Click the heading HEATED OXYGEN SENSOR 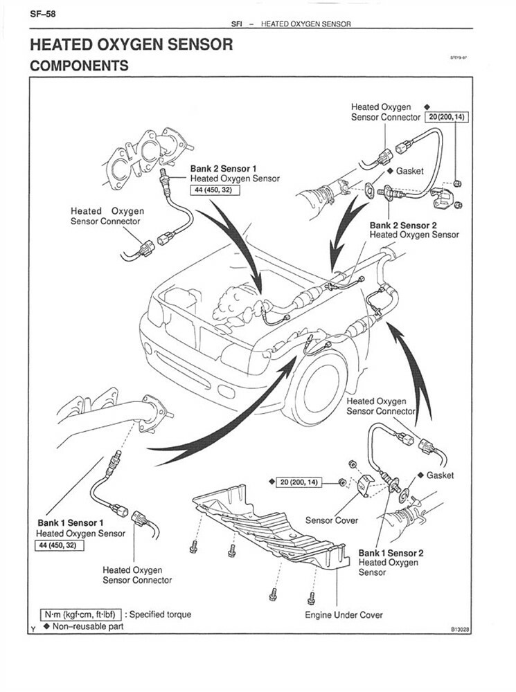(x=131, y=45)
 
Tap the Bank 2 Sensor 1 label (x=224, y=168)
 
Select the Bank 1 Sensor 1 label (x=70, y=522)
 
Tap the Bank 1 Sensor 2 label (x=391, y=553)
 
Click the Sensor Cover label (x=332, y=520)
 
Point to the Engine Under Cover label (x=344, y=614)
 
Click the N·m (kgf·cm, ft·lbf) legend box (x=81, y=614)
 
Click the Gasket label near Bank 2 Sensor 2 (x=409, y=171)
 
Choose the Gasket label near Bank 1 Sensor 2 (x=440, y=475)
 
